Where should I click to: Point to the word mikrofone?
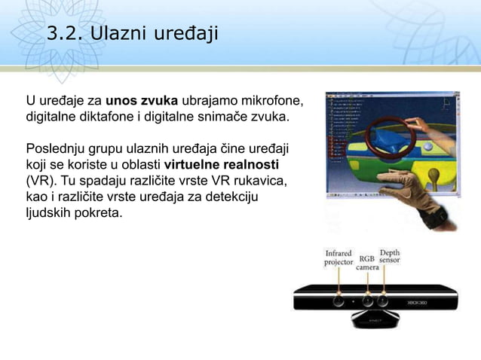pos(271,102)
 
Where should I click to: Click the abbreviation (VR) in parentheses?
pos(39,181)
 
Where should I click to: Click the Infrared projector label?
pos(339,258)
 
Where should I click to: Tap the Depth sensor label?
pos(390,258)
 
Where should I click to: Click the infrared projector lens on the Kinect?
pos(339,299)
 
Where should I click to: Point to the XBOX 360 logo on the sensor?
pos(418,299)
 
